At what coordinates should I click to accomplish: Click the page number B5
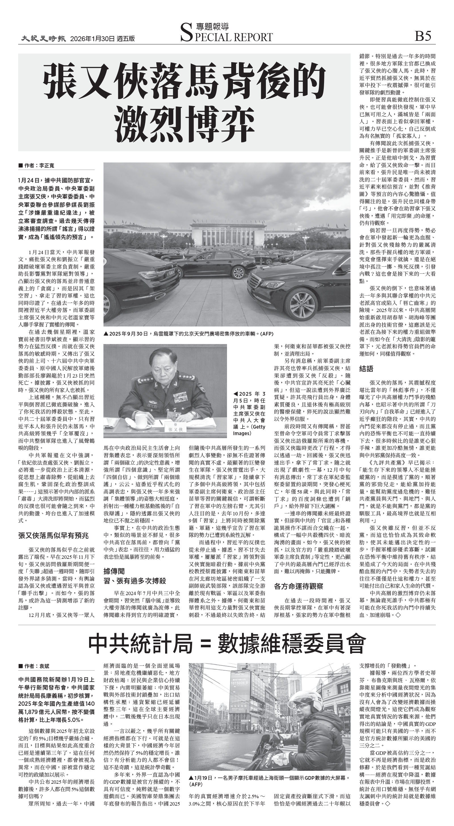[423, 36]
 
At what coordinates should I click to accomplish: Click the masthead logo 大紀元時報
[44, 39]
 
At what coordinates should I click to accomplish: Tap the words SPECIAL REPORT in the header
[226, 37]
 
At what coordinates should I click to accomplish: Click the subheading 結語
[366, 368]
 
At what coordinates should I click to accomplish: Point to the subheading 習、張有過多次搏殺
[135, 581]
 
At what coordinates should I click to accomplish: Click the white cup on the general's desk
[140, 420]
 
